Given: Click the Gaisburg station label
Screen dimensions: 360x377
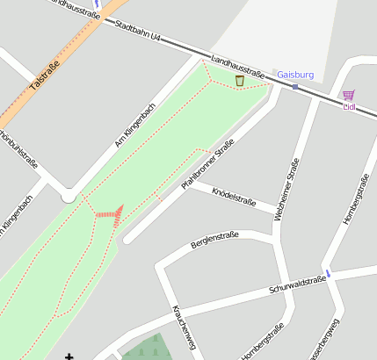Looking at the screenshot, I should (295, 76).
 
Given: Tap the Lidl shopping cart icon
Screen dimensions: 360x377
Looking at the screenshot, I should (349, 95).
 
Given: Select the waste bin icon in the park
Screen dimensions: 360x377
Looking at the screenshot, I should (240, 81).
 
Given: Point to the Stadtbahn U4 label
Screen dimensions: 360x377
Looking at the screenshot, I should (139, 31).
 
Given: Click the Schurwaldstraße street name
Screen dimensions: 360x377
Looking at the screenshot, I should (298, 284).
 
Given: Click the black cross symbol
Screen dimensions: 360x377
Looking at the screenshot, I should (69, 356).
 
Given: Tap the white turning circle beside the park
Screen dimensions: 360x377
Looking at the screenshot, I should (69, 197).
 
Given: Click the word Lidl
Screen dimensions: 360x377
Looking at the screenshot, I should (349, 107).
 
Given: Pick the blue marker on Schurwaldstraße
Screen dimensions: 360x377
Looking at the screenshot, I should (329, 274).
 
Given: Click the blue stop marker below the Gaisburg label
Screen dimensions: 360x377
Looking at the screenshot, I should (295, 87).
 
